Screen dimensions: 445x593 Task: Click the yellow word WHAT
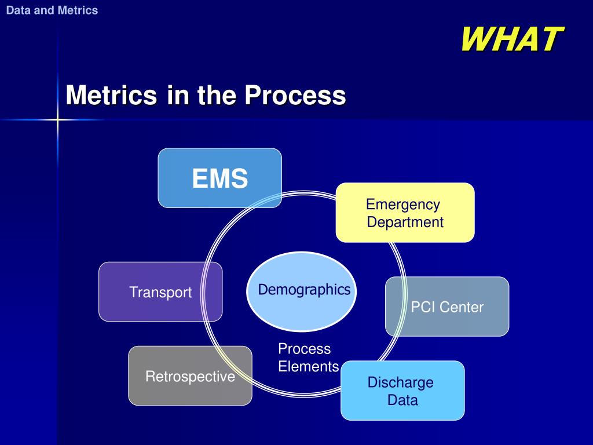pos(511,39)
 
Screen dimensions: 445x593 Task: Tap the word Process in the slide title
pos(295,94)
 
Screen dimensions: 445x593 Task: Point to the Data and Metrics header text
pos(52,10)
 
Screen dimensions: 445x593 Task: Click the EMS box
pos(220,178)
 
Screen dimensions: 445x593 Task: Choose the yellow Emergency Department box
pos(405,213)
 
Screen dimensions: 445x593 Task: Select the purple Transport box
pos(160,292)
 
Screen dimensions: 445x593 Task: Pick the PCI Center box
pos(447,307)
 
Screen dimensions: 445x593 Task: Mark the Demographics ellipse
pos(304,290)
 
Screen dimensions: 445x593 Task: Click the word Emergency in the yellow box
pos(403,205)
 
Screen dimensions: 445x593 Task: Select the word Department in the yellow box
pos(405,222)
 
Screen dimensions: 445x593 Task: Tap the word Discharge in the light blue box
pos(400,382)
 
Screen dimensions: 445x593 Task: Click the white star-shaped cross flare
pos(58,120)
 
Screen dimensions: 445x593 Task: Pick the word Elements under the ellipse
pos(309,367)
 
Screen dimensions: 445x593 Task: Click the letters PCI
pos(422,307)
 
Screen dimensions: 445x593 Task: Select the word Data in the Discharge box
pos(402,400)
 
